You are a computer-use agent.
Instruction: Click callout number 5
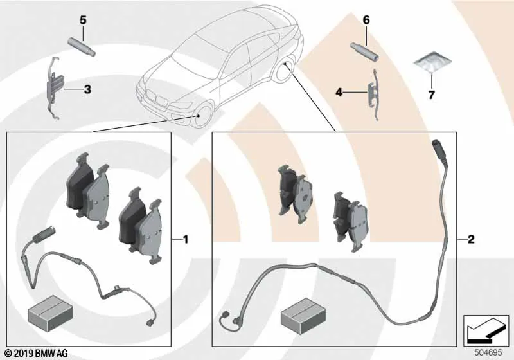pos(84,21)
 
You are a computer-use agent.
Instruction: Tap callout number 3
pos(87,89)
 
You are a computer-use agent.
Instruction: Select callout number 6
pos(366,21)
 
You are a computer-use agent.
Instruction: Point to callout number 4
pos(339,93)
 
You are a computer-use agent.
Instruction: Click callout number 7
pos(431,95)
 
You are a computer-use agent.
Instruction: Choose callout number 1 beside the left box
pos(186,240)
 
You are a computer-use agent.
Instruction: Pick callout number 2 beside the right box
pos(471,239)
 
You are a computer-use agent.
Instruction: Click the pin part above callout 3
pos(82,47)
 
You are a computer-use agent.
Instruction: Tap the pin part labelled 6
pos(365,52)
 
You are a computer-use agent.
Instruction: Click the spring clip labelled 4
pos(373,94)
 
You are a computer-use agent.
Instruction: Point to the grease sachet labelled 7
pos(432,64)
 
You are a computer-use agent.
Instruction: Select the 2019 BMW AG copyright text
pos(37,354)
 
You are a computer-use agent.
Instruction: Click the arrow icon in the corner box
pos(486,330)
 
